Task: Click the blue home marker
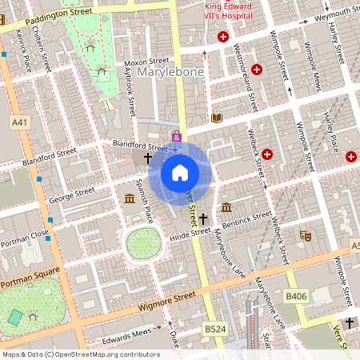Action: coord(180,172)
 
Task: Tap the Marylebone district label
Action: coord(170,73)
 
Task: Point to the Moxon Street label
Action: coord(146,61)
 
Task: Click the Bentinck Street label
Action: coord(248,217)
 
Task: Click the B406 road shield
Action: coord(296,297)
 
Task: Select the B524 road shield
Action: coord(213,328)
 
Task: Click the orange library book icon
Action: coord(216,118)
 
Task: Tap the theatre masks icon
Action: coord(304,235)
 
